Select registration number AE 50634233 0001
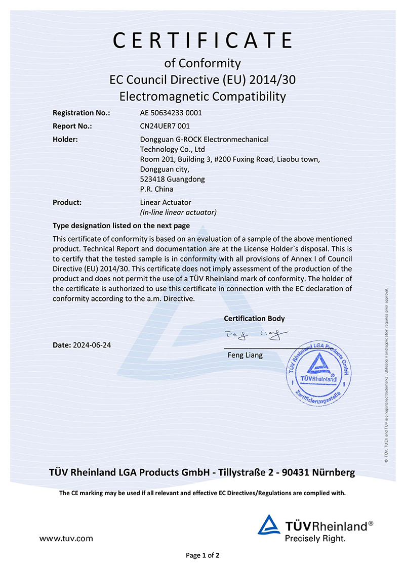tap(171, 113)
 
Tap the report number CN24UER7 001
tap(165, 126)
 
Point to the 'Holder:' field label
tap(65, 139)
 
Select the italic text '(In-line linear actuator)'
tap(178, 212)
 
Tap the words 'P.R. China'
tap(156, 189)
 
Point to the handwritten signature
tap(256, 334)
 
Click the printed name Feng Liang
tap(246, 355)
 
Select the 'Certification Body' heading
tap(254, 319)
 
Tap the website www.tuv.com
tap(66, 539)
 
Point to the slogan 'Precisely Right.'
tap(315, 539)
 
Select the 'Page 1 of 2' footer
tap(202, 556)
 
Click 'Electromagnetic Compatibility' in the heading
tap(202, 96)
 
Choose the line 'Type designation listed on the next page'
tap(121, 226)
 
